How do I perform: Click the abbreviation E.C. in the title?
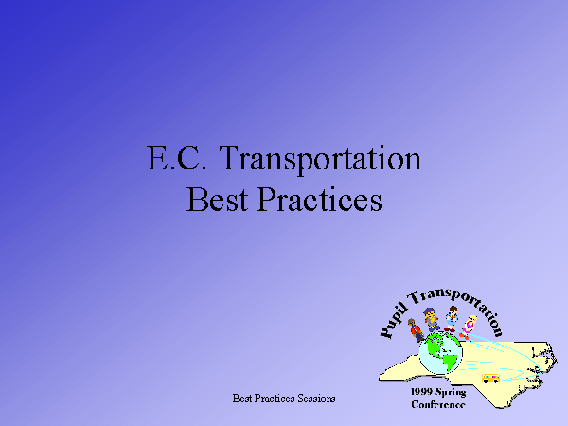[x=177, y=158]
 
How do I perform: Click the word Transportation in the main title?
[x=320, y=160]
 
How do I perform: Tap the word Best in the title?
[x=218, y=199]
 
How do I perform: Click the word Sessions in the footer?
[x=316, y=399]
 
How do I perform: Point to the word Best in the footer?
[x=242, y=399]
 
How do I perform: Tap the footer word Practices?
[x=275, y=399]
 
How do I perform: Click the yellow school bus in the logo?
[x=490, y=378]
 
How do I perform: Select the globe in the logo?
[x=440, y=353]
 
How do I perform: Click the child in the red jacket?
[x=415, y=330]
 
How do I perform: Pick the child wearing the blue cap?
[x=431, y=320]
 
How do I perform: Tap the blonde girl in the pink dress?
[x=468, y=328]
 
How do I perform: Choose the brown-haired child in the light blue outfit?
[x=451, y=319]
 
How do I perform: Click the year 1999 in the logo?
[x=421, y=392]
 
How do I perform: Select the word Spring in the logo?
[x=451, y=392]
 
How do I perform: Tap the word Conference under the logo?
[x=438, y=404]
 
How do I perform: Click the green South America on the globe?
[x=449, y=362]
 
